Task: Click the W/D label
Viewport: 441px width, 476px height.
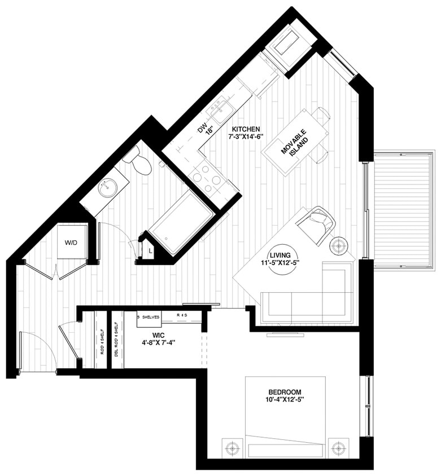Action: (71, 243)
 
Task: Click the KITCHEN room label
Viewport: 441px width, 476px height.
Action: (244, 129)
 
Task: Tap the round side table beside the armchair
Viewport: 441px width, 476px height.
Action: (339, 245)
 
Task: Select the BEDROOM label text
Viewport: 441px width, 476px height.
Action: (285, 392)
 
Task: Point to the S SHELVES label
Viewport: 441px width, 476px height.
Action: (150, 318)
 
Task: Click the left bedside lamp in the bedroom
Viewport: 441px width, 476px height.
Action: (232, 449)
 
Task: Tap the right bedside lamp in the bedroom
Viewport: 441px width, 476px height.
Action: (338, 449)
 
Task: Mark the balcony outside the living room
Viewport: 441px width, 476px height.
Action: (403, 209)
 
